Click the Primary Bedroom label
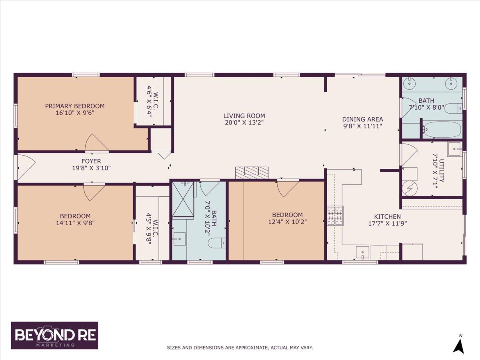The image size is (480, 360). pyautogui.click(x=75, y=106)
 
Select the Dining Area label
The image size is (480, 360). pyautogui.click(x=362, y=119)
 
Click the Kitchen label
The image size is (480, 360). pyautogui.click(x=387, y=216)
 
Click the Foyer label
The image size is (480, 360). pyautogui.click(x=91, y=161)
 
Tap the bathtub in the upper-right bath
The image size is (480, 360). pyautogui.click(x=442, y=130)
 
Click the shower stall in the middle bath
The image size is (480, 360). pyautogui.click(x=183, y=199)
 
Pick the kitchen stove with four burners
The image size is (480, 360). pyautogui.click(x=335, y=216)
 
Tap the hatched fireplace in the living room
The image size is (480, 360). pyautogui.click(x=252, y=172)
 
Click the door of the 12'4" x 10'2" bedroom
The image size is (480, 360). pyautogui.click(x=287, y=188)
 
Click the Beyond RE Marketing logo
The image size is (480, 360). pyautogui.click(x=54, y=335)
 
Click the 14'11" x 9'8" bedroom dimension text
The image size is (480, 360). pyautogui.click(x=75, y=223)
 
